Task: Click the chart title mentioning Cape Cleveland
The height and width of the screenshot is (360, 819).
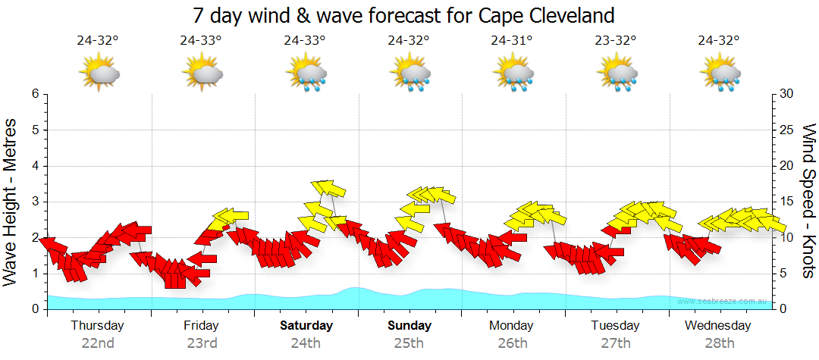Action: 403,15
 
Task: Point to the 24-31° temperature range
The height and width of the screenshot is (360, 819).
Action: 511,41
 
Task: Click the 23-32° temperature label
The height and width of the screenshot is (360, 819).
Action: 615,41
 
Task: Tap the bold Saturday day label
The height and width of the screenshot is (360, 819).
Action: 306,326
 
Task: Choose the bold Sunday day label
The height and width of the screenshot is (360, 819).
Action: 409,326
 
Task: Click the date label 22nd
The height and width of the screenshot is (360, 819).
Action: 98,343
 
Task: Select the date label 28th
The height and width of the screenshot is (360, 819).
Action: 719,343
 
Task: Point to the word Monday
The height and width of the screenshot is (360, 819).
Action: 511,326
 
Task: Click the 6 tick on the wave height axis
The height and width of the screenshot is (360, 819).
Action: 35,94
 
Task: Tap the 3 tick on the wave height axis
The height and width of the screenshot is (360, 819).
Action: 35,202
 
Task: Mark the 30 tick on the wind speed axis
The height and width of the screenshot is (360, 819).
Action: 786,94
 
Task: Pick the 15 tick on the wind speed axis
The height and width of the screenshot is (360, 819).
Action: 786,202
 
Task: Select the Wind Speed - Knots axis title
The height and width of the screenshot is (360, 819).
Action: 808,202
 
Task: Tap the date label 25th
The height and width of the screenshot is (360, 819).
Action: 409,343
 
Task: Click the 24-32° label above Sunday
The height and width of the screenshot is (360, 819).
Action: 409,41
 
